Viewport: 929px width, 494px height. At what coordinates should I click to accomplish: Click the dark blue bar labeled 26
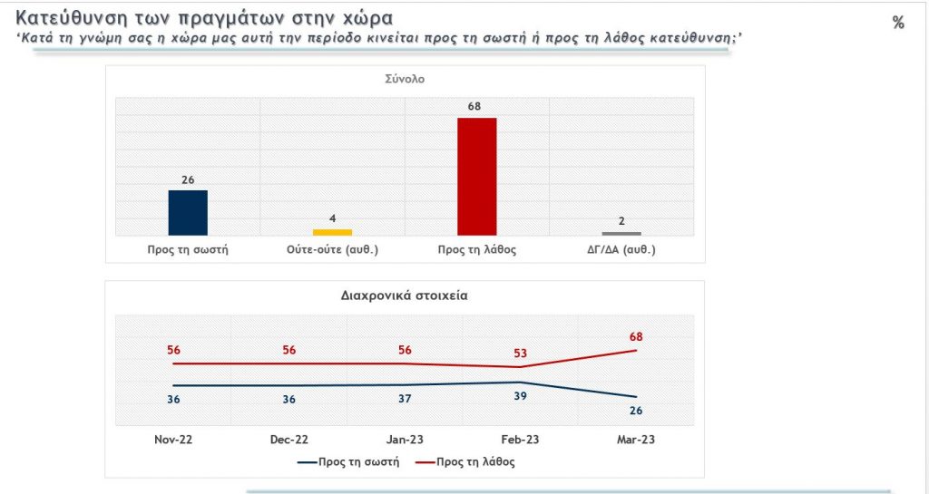point(188,213)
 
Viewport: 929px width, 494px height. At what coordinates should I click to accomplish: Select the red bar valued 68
point(476,177)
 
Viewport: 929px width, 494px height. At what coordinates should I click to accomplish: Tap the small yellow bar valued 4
point(332,232)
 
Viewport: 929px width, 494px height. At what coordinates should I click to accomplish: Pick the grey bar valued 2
point(621,234)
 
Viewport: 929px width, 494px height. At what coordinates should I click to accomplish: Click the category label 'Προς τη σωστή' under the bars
point(188,250)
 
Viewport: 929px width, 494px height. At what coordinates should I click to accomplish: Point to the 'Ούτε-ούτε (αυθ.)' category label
point(332,250)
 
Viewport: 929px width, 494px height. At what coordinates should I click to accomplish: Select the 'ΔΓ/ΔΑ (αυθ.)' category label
point(621,250)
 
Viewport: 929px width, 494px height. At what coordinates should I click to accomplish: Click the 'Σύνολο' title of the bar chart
point(405,79)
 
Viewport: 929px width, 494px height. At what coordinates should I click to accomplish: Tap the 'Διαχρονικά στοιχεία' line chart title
point(405,295)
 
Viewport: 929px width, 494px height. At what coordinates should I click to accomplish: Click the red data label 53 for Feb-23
point(519,353)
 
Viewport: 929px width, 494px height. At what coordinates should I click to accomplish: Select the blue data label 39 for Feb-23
point(519,397)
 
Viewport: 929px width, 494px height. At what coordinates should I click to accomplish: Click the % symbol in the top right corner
point(898,23)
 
